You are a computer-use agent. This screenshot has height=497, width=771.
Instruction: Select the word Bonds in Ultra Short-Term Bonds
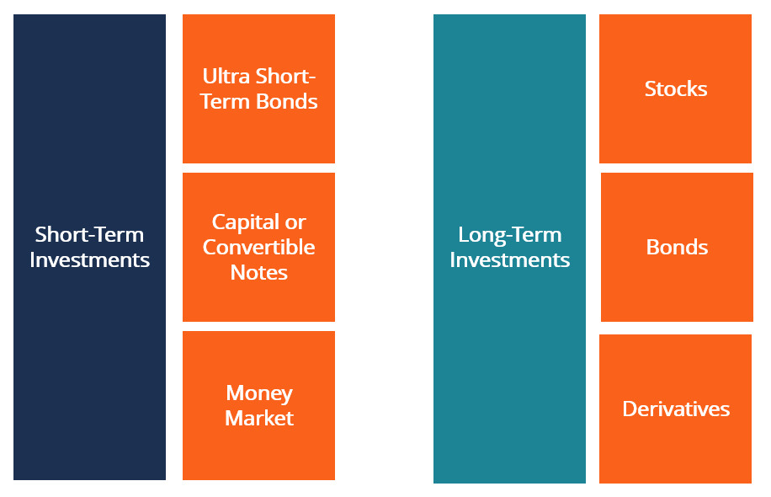pos(289,102)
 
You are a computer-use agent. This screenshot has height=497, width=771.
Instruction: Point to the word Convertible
pos(258,248)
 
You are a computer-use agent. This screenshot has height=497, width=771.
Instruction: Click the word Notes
pos(258,273)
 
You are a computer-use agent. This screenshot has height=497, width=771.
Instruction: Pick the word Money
pos(258,393)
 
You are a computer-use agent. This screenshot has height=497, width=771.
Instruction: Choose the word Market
pos(258,419)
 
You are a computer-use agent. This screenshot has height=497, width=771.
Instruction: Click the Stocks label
pos(675,89)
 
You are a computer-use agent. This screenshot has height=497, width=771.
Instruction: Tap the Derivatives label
pos(675,409)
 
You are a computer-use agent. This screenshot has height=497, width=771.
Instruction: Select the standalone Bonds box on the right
pos(677,248)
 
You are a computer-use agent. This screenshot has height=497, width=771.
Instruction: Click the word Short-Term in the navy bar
pos(89,235)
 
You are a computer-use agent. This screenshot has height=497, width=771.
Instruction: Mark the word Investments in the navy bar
pos(89,260)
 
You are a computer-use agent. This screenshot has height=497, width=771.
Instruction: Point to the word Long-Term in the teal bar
pos(509,235)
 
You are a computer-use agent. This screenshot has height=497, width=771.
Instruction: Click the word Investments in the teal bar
pos(509,260)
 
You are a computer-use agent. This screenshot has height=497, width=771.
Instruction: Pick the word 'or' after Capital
pos(295,222)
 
